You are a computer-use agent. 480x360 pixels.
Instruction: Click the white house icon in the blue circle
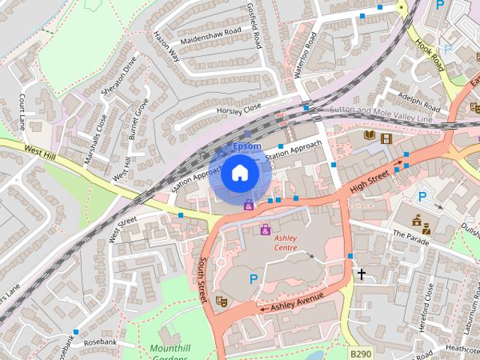click(239, 172)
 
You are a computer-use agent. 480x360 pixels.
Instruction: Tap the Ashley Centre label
click(286, 242)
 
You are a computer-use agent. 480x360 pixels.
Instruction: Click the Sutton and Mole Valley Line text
click(381, 114)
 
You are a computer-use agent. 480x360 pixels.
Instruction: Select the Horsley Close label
click(238, 109)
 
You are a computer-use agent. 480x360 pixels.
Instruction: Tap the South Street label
click(202, 280)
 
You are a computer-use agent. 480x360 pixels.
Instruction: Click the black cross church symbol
click(361, 274)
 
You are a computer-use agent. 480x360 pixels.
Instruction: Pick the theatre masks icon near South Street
click(221, 300)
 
